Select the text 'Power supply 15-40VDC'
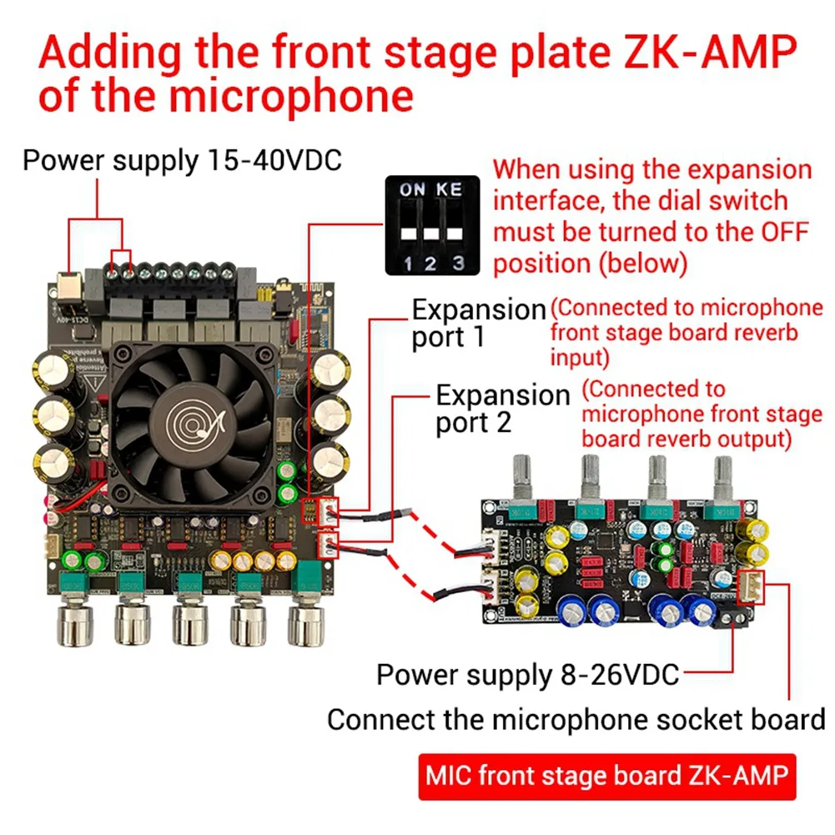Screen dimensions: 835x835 (183, 159)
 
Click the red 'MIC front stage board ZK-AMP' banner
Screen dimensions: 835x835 (606, 776)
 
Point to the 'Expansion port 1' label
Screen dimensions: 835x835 (479, 324)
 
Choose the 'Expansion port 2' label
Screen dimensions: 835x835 (502, 408)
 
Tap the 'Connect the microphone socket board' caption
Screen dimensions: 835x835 (576, 719)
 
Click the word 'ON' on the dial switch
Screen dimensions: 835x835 (413, 190)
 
